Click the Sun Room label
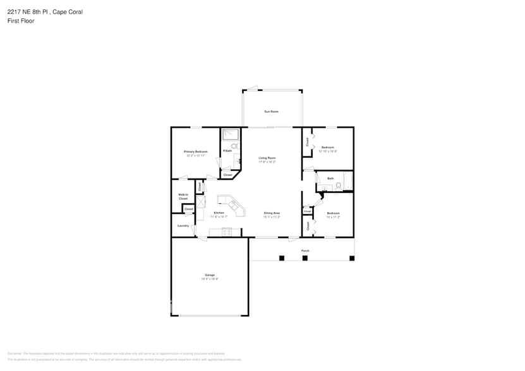271,112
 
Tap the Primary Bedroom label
195,152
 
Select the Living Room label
267,159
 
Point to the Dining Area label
272,214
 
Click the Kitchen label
219,213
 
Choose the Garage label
209,275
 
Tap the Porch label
305,251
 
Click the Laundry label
183,225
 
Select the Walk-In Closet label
183,196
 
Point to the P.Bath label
227,151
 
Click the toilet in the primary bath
234,146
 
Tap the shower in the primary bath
230,134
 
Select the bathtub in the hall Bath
347,181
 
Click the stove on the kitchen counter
227,232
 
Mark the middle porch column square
305,257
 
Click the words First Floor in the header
21,21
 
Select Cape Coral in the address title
68,12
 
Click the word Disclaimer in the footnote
15,353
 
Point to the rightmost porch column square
352,257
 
